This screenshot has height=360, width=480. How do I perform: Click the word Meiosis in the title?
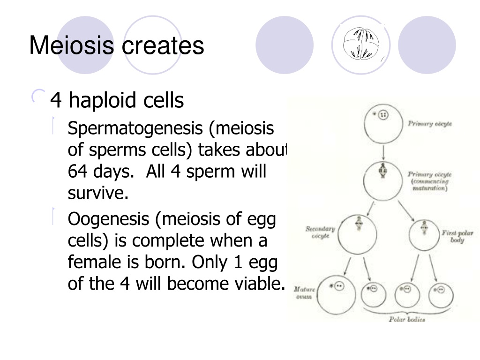click(x=72, y=45)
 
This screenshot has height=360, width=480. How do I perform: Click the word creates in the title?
click(x=163, y=46)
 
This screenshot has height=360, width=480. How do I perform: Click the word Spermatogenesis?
click(x=135, y=128)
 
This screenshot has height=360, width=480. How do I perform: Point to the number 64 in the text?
click(x=77, y=171)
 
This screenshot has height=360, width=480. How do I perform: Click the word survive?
click(x=98, y=193)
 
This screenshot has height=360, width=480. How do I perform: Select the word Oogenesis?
click(x=108, y=220)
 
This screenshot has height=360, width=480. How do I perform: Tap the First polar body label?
click(x=457, y=236)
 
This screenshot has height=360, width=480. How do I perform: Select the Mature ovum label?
click(x=304, y=292)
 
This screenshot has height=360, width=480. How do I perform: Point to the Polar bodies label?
click(x=407, y=319)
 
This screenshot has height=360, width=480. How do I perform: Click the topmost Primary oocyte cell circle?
click(x=383, y=124)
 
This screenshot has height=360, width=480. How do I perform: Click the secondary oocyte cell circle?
click(x=358, y=234)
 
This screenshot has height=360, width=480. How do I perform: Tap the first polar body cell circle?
click(x=424, y=235)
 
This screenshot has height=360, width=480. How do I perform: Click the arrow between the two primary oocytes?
click(x=383, y=152)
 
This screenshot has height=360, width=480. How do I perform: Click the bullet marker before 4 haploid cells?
click(x=38, y=97)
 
